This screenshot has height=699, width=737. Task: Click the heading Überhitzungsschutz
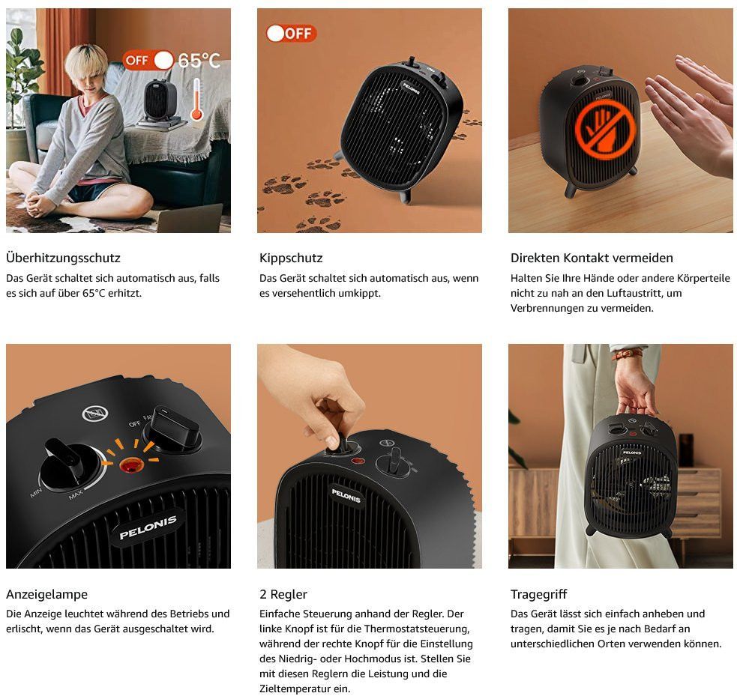tap(63, 258)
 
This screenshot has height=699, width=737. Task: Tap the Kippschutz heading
tap(291, 258)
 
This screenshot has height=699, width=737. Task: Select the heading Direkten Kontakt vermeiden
tap(592, 258)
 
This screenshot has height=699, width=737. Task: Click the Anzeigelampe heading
tap(47, 594)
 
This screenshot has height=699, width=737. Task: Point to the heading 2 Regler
tap(283, 594)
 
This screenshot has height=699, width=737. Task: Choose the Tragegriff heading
tap(538, 594)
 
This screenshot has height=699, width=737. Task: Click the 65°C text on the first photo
tap(199, 61)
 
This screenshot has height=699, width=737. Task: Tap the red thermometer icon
tap(196, 100)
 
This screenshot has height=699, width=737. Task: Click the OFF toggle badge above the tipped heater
tap(292, 34)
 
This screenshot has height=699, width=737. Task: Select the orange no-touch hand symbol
tap(605, 128)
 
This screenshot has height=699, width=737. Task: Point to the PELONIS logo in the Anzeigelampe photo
tap(148, 527)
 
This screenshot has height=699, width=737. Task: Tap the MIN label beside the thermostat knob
tap(36, 493)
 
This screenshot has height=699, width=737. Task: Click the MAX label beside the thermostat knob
tap(76, 494)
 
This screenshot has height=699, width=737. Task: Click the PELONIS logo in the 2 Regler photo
tap(346, 496)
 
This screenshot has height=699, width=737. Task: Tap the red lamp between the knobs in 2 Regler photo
tap(358, 462)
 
